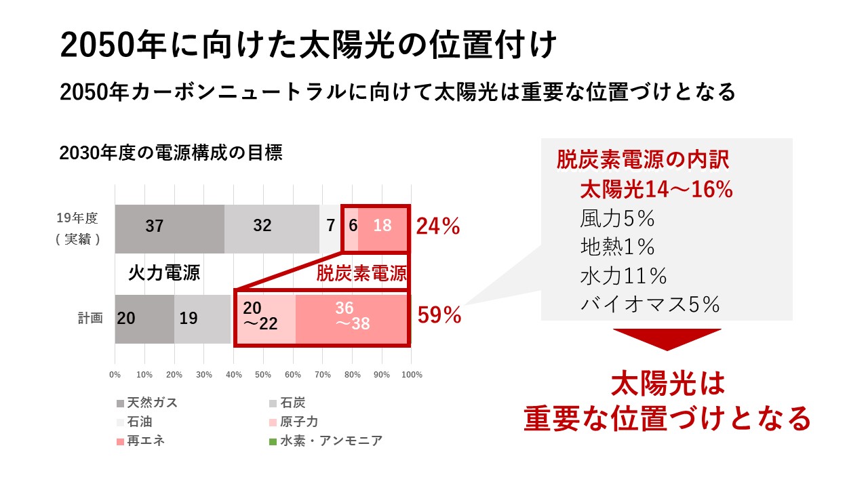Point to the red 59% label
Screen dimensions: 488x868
click(439, 315)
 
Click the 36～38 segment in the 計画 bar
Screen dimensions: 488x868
click(353, 316)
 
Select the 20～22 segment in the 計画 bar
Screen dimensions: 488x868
click(264, 317)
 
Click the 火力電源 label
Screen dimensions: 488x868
click(164, 273)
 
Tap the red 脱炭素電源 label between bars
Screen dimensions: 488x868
click(361, 273)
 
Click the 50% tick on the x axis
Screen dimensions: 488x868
click(263, 375)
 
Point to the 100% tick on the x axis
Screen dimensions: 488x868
click(412, 375)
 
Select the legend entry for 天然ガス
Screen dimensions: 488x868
click(147, 403)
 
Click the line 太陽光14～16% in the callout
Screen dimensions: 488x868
click(656, 190)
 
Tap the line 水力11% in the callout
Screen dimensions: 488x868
click(624, 277)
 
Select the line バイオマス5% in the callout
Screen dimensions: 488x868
click(650, 305)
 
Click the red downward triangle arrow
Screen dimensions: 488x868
click(667, 339)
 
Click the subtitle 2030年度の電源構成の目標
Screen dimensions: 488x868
click(171, 153)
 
